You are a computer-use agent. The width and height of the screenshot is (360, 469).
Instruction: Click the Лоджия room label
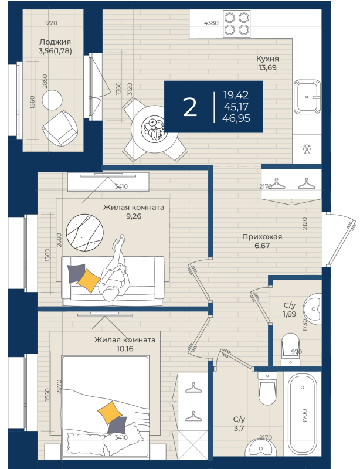[55, 42]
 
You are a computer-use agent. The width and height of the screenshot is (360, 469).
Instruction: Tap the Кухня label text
[267, 58]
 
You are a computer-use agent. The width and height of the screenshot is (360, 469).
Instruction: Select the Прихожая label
[262, 237]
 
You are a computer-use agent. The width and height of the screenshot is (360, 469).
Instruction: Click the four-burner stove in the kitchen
[237, 24]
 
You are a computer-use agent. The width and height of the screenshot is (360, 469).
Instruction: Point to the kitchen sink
[307, 97]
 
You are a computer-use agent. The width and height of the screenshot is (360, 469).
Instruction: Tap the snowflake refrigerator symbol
[307, 149]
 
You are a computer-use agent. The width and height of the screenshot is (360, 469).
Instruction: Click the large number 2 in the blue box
[190, 107]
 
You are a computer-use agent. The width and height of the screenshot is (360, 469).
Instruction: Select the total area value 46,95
[236, 118]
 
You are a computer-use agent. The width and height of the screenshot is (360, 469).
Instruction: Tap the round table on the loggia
[52, 100]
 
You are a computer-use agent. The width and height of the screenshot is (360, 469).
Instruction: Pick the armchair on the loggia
[60, 128]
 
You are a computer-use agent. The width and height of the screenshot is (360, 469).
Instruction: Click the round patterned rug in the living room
[84, 232]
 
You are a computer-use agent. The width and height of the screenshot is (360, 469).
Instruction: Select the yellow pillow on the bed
[110, 413]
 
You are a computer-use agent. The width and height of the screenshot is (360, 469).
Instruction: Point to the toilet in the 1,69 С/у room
[290, 349]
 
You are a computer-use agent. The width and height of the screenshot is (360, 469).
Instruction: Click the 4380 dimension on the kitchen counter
[211, 23]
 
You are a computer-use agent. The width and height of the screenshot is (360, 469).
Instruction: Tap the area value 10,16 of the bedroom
[125, 349]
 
